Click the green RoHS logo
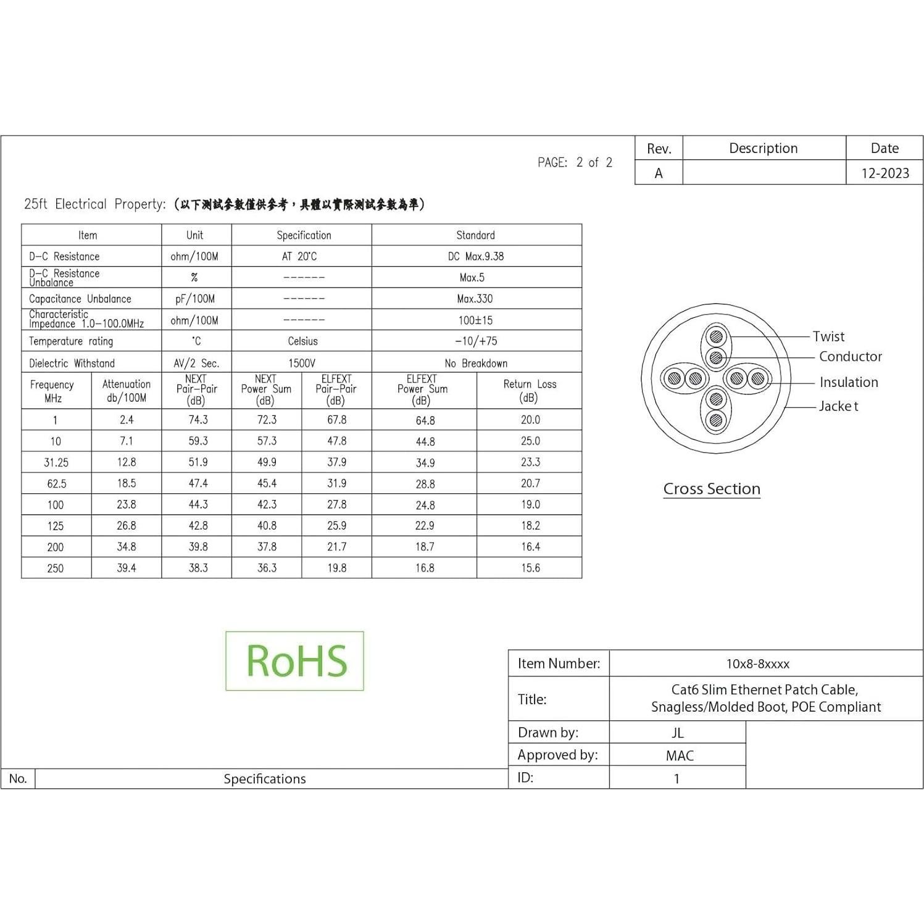(x=295, y=660)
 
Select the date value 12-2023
(x=885, y=173)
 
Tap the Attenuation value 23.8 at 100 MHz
(x=127, y=504)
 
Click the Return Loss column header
(x=530, y=391)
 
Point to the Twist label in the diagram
(x=828, y=336)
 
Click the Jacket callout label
(x=838, y=406)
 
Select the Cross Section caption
(x=712, y=489)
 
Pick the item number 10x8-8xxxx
(x=757, y=664)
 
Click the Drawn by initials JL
(x=678, y=733)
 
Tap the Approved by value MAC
(x=680, y=755)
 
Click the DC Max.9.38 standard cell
(x=476, y=256)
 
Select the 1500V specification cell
(x=302, y=363)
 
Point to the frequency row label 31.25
(x=56, y=462)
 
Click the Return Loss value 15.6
(x=530, y=568)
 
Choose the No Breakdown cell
(x=476, y=363)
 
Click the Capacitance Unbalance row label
(x=80, y=299)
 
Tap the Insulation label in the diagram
(x=849, y=382)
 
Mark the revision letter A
(x=659, y=173)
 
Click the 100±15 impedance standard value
(x=475, y=320)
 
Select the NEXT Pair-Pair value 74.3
(x=198, y=420)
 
